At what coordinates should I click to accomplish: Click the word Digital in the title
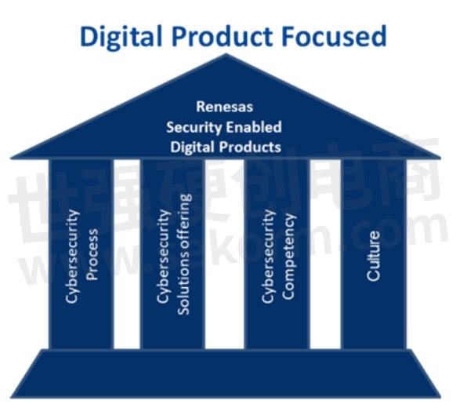(x=121, y=37)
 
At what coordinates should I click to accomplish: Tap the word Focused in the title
(x=335, y=36)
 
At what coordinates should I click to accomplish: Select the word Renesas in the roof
(x=225, y=107)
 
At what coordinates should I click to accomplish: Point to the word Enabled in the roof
(x=254, y=127)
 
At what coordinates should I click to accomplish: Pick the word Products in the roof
(x=250, y=147)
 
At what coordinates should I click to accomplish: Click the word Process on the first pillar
(x=92, y=254)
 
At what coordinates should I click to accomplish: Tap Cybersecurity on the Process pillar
(x=73, y=257)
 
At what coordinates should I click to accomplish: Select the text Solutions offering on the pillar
(x=183, y=254)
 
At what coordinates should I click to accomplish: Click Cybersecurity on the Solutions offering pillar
(x=164, y=257)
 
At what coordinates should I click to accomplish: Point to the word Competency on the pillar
(x=289, y=257)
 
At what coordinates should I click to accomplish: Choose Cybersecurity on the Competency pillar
(x=269, y=257)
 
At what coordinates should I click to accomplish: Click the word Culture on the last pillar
(x=373, y=256)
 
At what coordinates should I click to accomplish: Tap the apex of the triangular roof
(x=226, y=54)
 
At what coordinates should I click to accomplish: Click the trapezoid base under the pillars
(x=226, y=374)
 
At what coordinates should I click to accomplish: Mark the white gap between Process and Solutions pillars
(x=127, y=254)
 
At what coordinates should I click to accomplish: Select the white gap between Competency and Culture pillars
(x=325, y=254)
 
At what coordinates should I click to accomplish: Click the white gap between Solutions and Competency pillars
(x=225, y=254)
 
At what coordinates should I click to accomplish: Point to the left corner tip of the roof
(x=11, y=158)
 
